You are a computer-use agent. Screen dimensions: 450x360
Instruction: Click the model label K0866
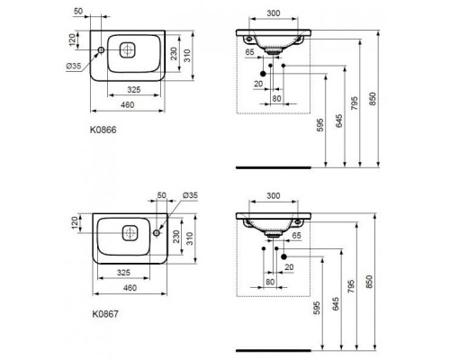[x=103, y=130]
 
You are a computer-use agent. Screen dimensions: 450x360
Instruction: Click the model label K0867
[x=105, y=314]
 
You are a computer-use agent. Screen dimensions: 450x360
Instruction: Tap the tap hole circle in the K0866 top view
[x=101, y=49]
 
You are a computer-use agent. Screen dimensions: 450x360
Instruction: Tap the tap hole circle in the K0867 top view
[x=157, y=233]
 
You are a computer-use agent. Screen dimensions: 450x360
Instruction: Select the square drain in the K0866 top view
[x=127, y=49]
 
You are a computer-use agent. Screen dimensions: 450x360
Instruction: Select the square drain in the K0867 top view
[x=130, y=233]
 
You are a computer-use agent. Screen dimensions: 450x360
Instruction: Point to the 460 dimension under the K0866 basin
[x=128, y=105]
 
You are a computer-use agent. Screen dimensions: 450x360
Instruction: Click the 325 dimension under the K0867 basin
[x=123, y=273]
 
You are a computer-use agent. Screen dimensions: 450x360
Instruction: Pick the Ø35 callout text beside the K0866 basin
[x=74, y=66]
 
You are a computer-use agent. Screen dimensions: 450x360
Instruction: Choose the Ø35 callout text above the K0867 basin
[x=190, y=195]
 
